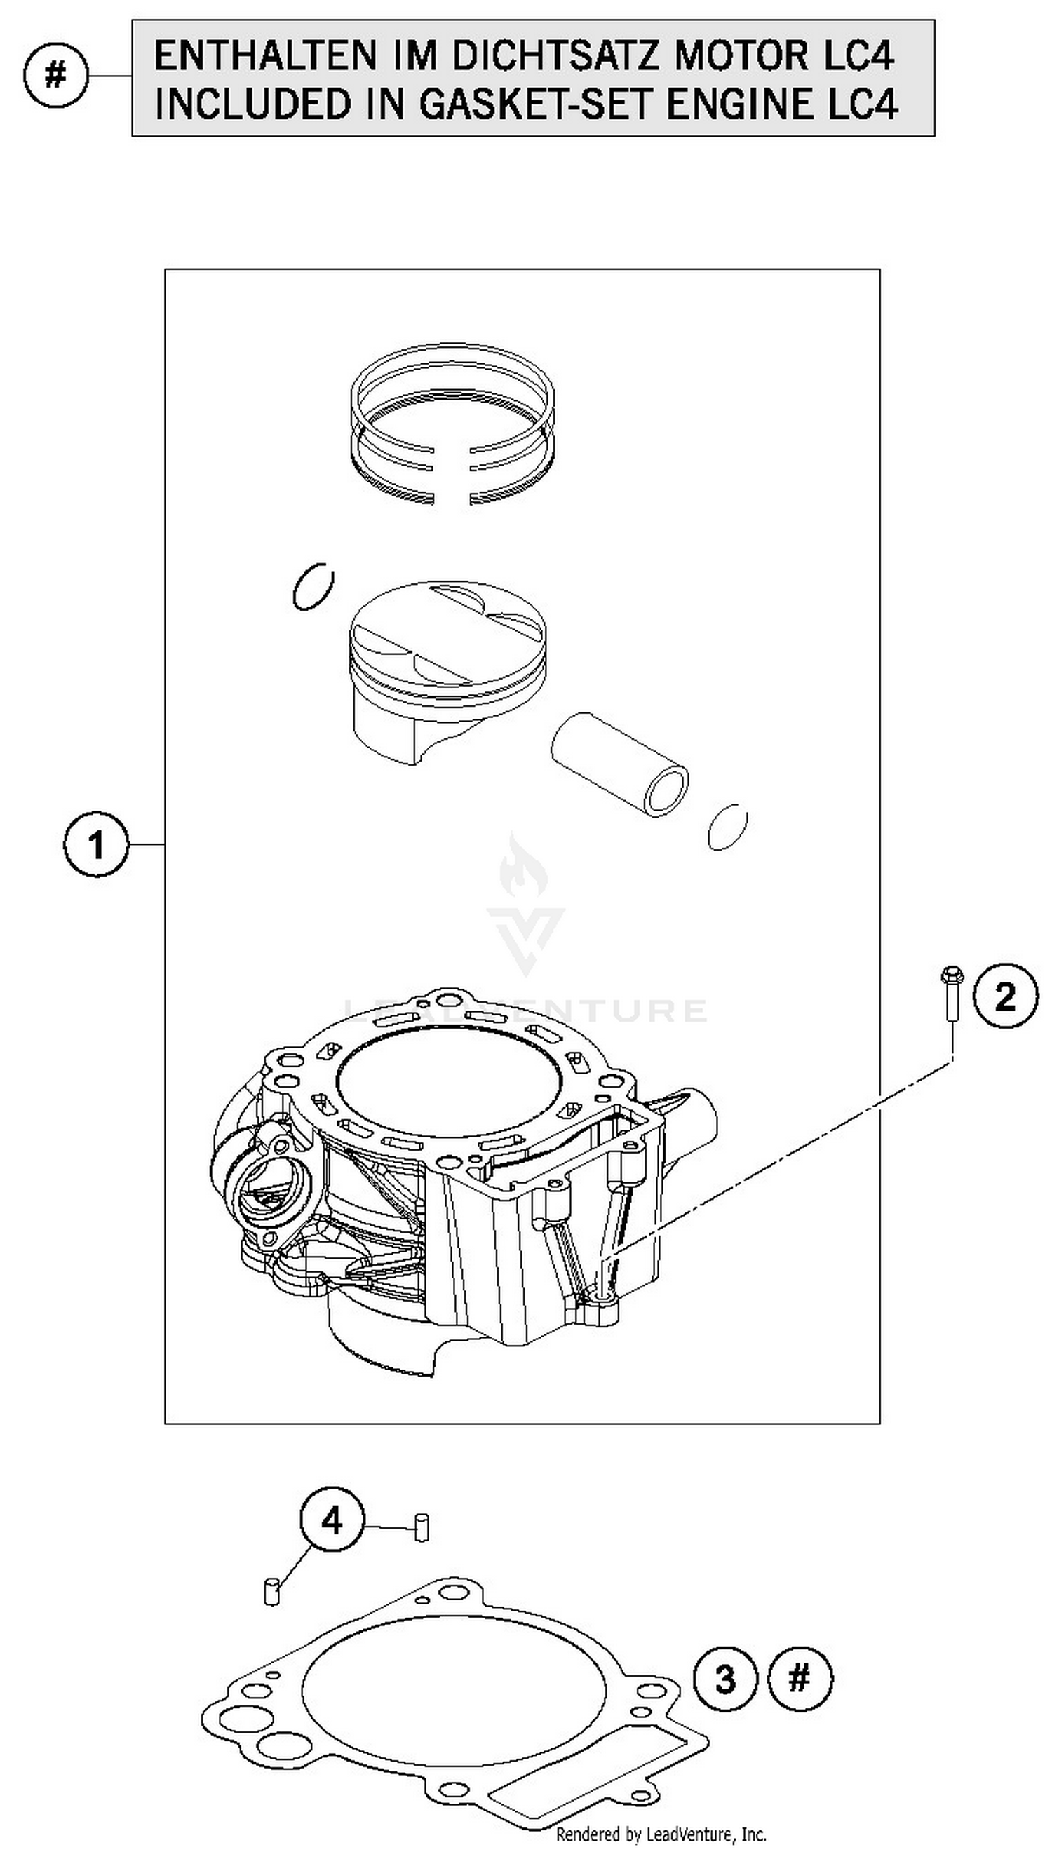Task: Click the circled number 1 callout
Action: (96, 844)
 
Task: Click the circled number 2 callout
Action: (1005, 996)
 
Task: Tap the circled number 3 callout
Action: (725, 1679)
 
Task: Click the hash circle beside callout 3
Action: (799, 1679)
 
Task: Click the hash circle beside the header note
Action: (55, 74)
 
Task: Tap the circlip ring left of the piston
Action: (313, 585)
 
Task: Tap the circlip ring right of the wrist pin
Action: (727, 826)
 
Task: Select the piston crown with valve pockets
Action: (447, 632)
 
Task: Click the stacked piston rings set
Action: (453, 424)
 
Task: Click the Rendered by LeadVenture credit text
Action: (661, 1834)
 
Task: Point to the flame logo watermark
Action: (524, 867)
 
